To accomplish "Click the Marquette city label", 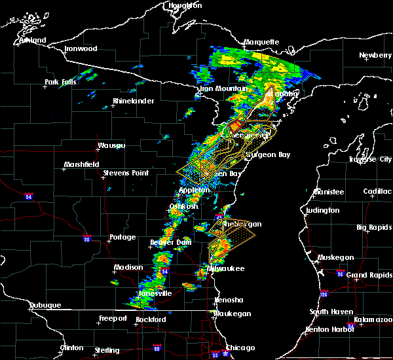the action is pos(261,43).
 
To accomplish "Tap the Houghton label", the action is pos(185,5).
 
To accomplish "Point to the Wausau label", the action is pos(111,145).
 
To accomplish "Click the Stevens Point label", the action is pos(125,173).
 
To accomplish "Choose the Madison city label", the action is pos(128,267).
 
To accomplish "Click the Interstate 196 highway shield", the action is pos(324,294).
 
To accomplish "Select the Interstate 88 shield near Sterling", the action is pos(157,348).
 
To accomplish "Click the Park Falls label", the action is pos(60,82).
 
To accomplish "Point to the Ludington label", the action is pos(322,210).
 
